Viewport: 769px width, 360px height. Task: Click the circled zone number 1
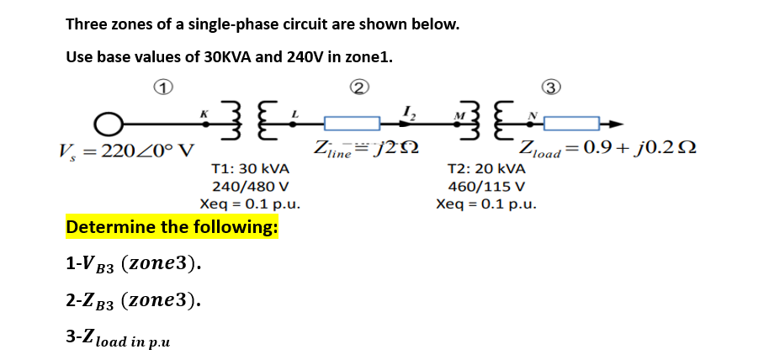165,87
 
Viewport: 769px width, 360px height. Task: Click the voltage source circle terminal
107,125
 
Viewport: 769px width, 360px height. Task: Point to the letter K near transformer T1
202,111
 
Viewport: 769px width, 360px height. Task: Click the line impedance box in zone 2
351,125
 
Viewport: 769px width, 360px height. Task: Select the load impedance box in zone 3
572,125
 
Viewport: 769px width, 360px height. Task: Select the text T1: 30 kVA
251,169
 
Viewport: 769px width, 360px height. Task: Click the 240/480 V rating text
251,186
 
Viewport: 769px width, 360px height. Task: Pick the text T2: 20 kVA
487,169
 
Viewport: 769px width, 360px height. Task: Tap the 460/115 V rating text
487,186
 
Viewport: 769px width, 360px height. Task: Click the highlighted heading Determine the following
172,227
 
